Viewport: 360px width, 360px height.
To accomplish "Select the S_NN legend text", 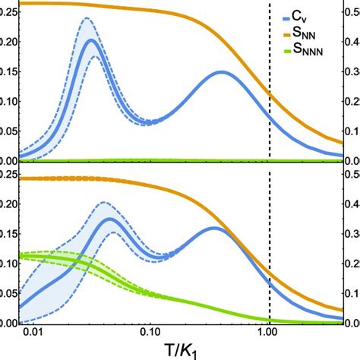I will pyautogui.click(x=314, y=34).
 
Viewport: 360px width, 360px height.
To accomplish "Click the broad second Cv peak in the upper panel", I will pyautogui.click(x=223, y=72).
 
